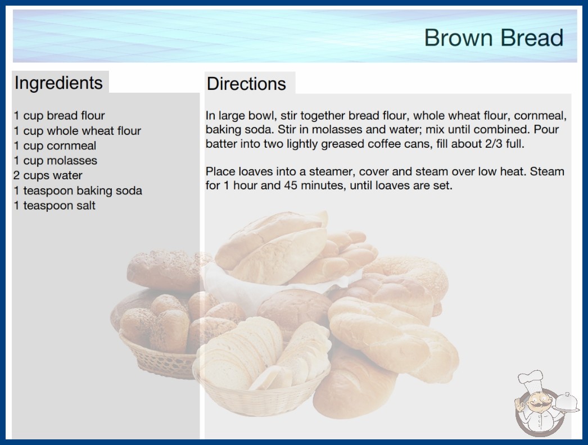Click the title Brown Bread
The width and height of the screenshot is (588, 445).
click(x=494, y=38)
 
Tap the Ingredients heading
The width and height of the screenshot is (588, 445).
click(x=58, y=83)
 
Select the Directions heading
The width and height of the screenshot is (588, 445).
click(x=246, y=84)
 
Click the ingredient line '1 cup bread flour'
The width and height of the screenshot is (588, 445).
click(x=59, y=116)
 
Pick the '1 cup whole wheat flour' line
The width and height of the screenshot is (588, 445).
click(x=77, y=130)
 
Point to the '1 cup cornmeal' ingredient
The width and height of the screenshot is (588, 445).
click(x=55, y=146)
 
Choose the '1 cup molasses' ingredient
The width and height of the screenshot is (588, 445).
click(x=56, y=161)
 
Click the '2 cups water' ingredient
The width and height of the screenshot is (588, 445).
click(x=48, y=175)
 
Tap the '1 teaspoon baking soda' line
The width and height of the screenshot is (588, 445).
click(x=78, y=190)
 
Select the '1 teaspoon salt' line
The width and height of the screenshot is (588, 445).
click(x=55, y=206)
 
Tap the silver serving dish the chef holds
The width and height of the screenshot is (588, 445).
click(x=566, y=403)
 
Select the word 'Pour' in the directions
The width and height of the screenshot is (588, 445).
click(x=546, y=130)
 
